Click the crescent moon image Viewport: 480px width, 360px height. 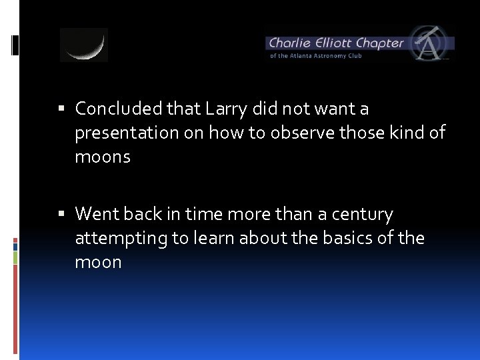coord(84,45)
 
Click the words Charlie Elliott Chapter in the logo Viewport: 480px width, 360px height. coord(336,43)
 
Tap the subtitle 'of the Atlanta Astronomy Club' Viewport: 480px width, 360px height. coord(316,56)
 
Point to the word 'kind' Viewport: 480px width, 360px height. coord(407,133)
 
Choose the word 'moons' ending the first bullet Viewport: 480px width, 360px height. coord(103,157)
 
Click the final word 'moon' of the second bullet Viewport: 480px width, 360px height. coord(98,262)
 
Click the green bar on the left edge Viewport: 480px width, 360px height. coord(15,257)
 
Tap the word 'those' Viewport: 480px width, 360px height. coord(358,133)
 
